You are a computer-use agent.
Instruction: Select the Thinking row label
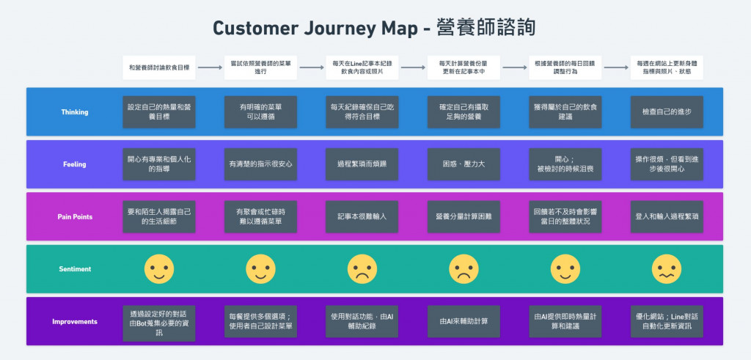(x=75, y=112)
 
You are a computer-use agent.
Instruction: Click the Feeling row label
(x=75, y=164)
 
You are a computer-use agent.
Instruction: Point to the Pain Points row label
(x=75, y=216)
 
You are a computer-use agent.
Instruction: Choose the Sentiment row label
(x=75, y=269)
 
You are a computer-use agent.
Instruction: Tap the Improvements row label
(x=75, y=321)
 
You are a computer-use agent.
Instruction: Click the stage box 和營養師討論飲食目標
(x=159, y=67)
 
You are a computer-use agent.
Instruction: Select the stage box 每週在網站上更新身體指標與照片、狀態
(x=666, y=67)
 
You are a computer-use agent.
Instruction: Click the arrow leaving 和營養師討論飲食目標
(x=210, y=67)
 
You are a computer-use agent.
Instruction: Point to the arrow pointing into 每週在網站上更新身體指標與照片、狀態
(x=615, y=67)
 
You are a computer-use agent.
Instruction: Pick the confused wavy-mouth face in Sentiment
(x=666, y=269)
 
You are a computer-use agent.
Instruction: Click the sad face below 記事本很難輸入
(x=362, y=269)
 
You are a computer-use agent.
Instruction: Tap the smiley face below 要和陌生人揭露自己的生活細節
(x=159, y=269)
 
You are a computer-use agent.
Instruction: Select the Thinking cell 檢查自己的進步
(x=666, y=112)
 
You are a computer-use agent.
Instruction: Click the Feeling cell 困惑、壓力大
(x=464, y=164)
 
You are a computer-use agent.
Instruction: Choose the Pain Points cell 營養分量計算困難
(x=464, y=216)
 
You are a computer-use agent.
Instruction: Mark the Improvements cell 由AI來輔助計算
(x=464, y=321)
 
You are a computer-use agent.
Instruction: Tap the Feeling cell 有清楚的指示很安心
(x=260, y=164)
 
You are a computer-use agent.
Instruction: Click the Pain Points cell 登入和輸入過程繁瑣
(x=666, y=216)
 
